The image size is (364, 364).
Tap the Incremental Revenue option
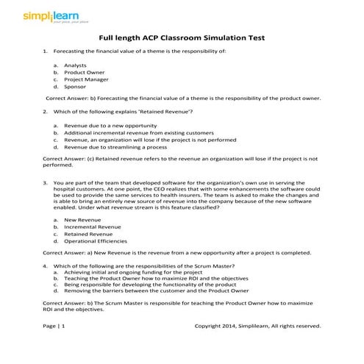click(x=92, y=226)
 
